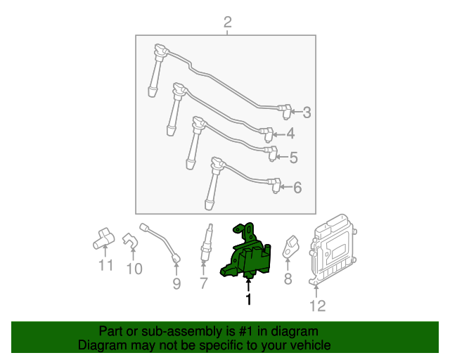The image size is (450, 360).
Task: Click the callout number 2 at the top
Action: tap(227, 23)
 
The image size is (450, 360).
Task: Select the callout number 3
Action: tap(307, 112)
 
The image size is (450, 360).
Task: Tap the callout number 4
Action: tap(290, 134)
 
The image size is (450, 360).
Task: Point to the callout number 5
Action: tap(293, 158)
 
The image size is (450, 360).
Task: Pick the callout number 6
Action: tap(297, 187)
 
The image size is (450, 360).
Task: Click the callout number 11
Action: tap(105, 266)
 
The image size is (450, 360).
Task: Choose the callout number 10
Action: tap(134, 268)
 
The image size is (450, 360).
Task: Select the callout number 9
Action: tap(176, 283)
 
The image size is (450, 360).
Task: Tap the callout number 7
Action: tap(204, 283)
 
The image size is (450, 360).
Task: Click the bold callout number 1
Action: tap(247, 300)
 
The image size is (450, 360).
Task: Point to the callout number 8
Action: tap(287, 280)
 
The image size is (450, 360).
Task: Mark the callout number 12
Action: tap(318, 305)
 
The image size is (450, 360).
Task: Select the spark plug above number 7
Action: tap(205, 243)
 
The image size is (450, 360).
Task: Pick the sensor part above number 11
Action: tap(103, 238)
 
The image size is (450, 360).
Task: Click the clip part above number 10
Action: tap(130, 241)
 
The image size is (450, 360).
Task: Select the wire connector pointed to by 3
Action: tap(284, 109)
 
